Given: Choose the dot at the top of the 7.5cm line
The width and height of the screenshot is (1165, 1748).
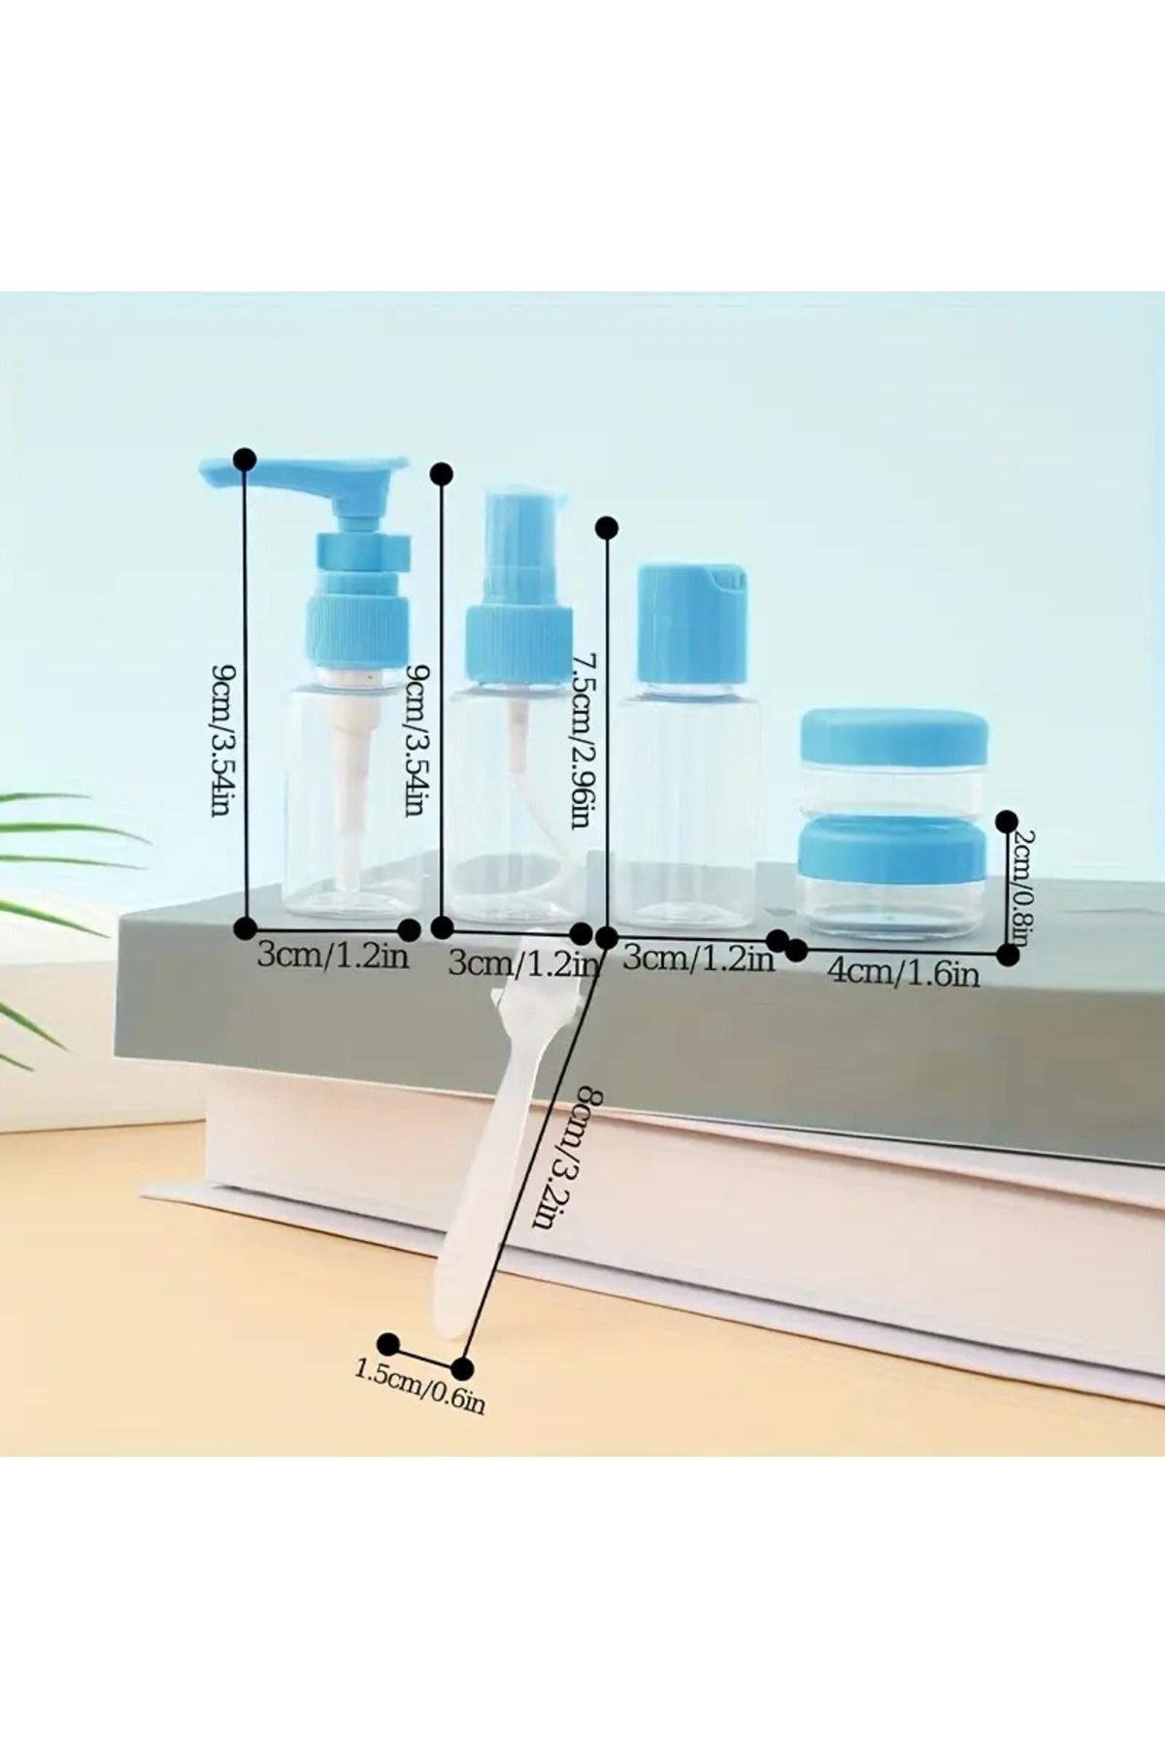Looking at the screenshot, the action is coord(608,526).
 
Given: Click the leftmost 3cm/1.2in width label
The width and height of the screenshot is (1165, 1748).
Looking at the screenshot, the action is coord(333,957).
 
